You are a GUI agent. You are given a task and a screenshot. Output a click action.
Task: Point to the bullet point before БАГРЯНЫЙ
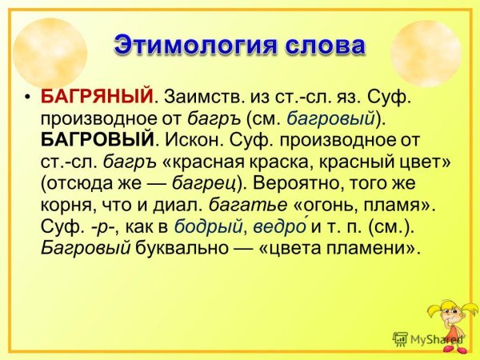click(26, 98)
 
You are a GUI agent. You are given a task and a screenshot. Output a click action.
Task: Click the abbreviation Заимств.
click(196, 98)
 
